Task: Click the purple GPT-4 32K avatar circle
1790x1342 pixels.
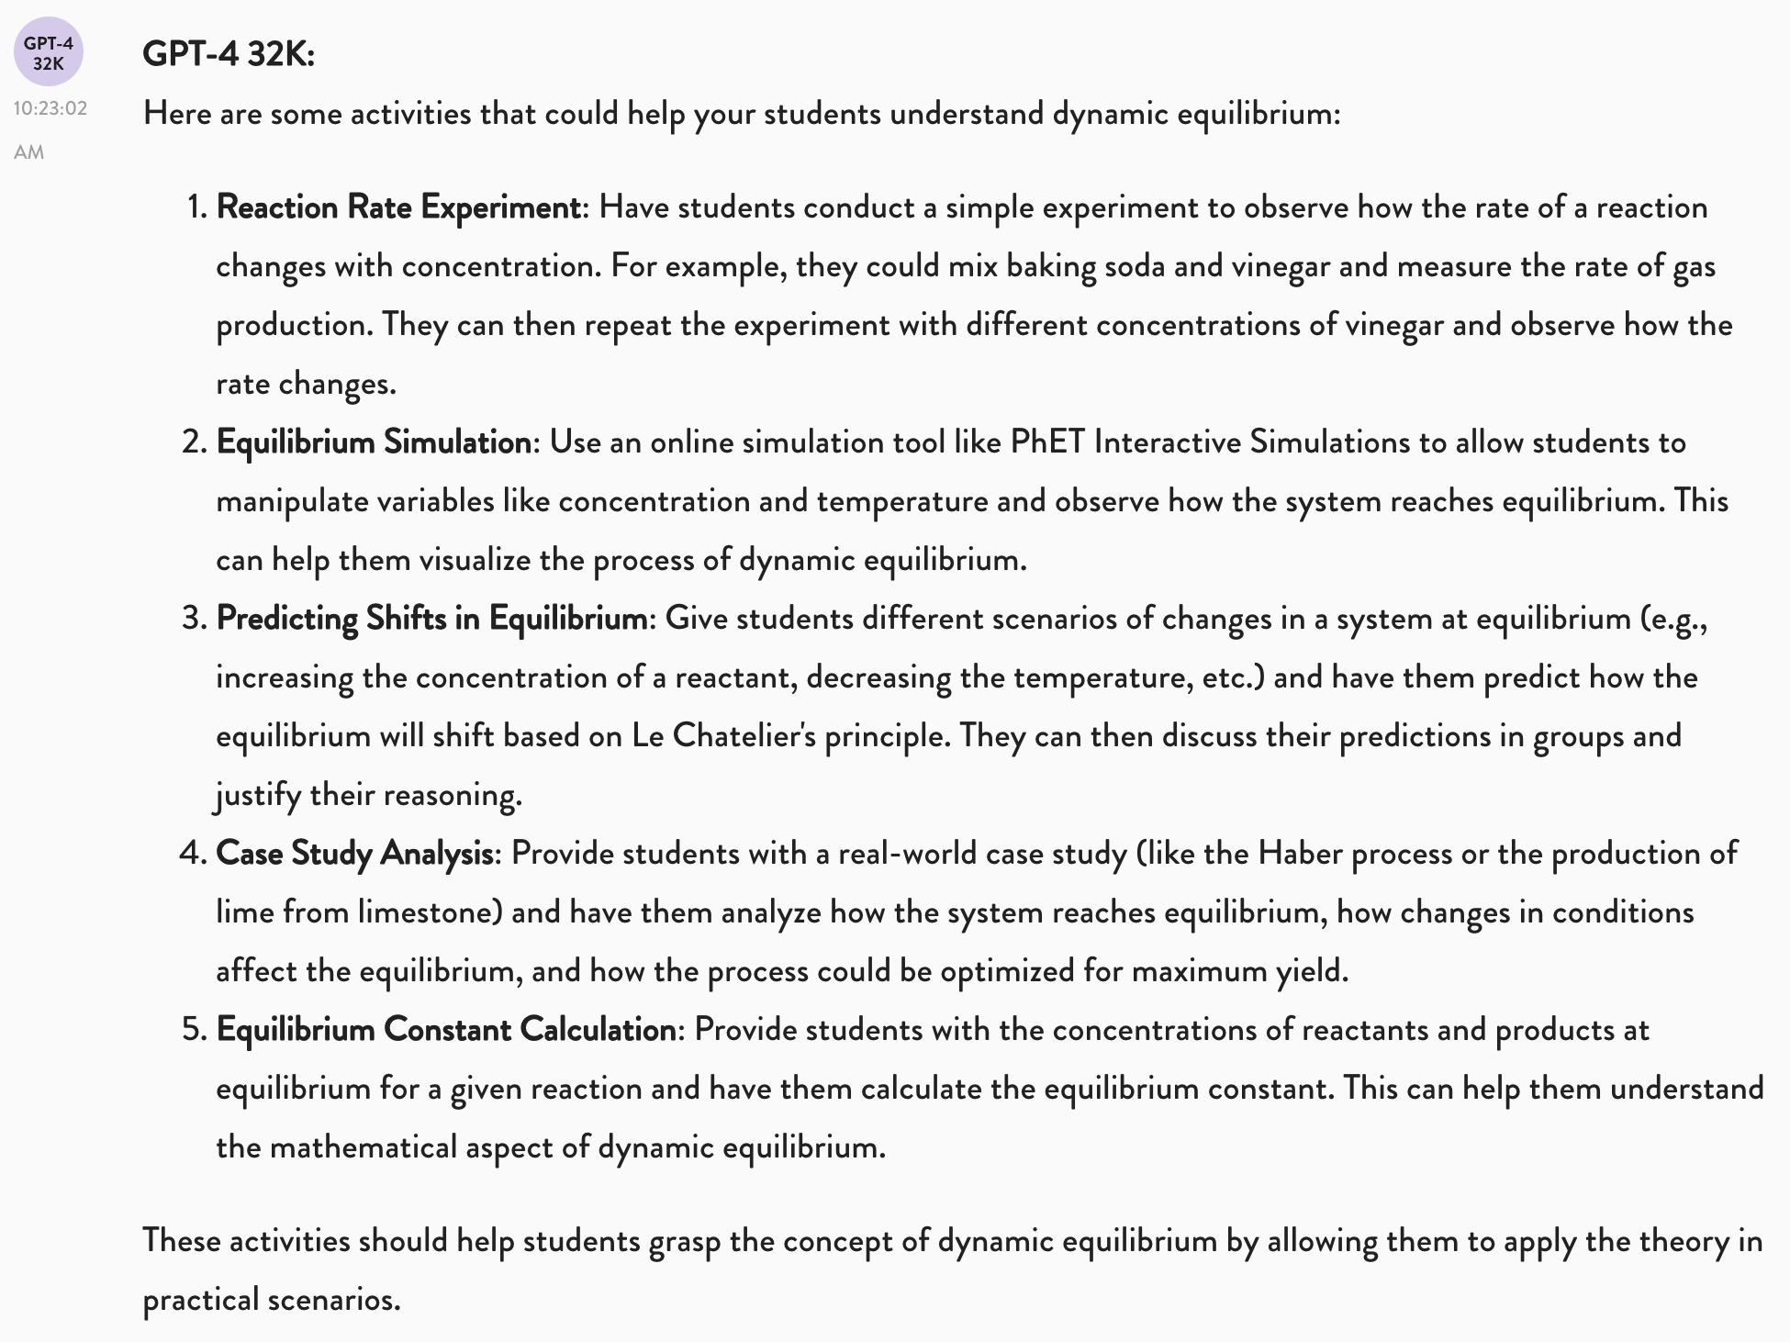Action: tap(49, 52)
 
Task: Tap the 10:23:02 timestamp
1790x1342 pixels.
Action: tap(50, 108)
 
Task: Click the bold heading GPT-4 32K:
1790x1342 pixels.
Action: tap(229, 54)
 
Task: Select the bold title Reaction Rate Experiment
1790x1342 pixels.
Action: tap(398, 207)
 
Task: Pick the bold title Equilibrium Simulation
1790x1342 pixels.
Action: tap(374, 442)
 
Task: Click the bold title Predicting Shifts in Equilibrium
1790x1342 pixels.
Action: tap(431, 619)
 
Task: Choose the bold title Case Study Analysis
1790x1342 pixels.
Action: tap(354, 854)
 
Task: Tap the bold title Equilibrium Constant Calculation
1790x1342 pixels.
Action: tap(446, 1030)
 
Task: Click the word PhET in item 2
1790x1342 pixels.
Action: tap(1047, 442)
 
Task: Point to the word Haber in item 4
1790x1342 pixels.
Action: tap(1300, 854)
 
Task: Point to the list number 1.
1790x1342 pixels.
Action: tap(196, 207)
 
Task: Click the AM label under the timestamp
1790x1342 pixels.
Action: tap(29, 152)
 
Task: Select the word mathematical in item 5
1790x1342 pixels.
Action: tap(363, 1147)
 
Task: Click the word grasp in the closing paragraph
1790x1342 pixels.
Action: tap(685, 1241)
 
